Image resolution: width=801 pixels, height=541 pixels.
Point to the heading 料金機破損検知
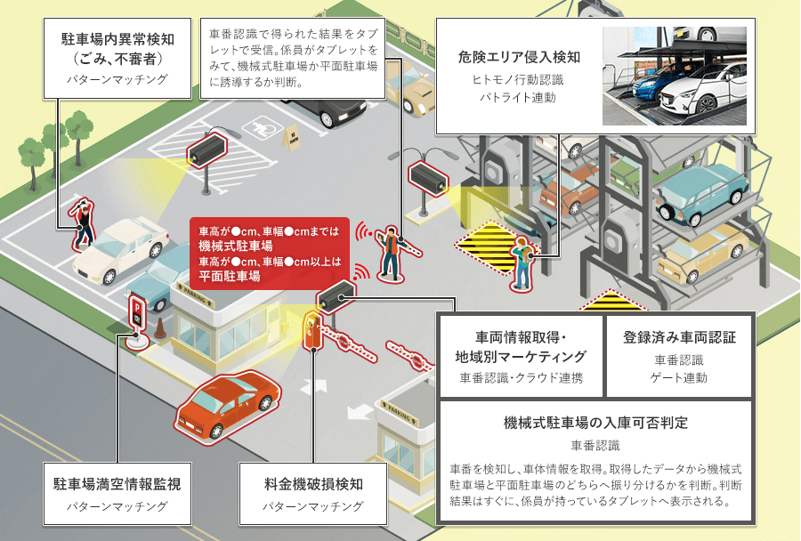click(x=313, y=485)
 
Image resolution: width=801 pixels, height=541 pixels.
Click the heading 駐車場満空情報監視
click(x=117, y=485)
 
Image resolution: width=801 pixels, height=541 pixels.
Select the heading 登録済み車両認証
click(x=679, y=338)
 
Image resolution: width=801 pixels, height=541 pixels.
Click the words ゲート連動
click(x=679, y=378)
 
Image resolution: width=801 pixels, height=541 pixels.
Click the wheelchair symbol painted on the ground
click(x=259, y=127)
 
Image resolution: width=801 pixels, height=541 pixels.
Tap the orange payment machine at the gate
click(x=311, y=330)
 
